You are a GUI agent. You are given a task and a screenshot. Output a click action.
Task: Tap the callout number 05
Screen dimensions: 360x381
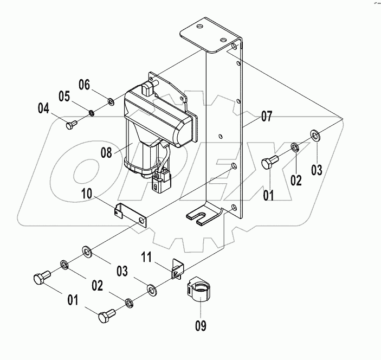click(x=64, y=97)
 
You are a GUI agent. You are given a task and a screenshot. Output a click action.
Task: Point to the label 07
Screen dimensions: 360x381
click(x=266, y=115)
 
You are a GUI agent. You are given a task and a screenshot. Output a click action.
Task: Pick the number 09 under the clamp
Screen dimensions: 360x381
click(x=201, y=325)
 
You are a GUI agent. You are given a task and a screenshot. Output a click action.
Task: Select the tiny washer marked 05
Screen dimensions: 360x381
click(x=92, y=113)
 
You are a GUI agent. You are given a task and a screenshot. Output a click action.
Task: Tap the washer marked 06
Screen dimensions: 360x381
click(x=111, y=100)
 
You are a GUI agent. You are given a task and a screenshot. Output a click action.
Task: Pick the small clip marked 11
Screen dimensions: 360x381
click(x=175, y=269)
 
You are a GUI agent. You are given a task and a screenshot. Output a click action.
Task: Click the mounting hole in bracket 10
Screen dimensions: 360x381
click(x=143, y=221)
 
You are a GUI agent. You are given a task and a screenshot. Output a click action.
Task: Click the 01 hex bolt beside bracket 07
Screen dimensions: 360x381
click(x=269, y=161)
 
